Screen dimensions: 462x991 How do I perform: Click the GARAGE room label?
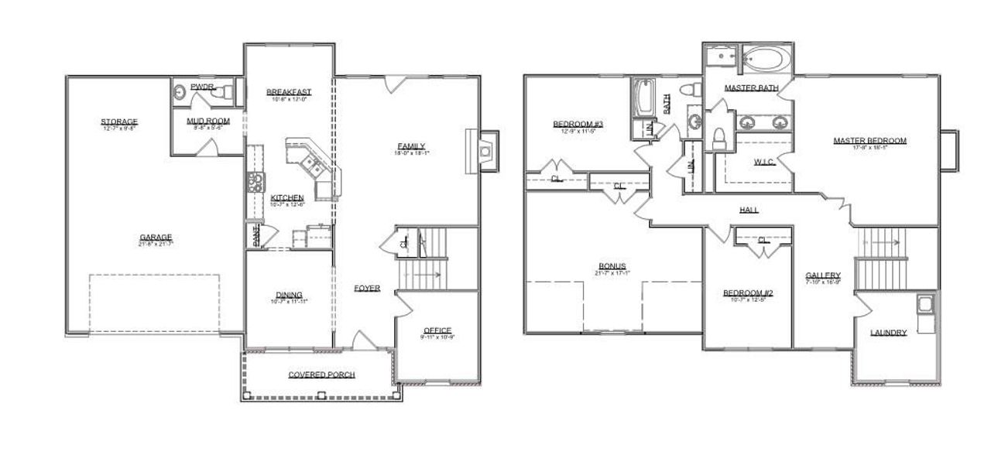click(156, 238)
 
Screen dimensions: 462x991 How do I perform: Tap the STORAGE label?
click(119, 121)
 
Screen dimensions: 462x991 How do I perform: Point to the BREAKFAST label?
click(288, 92)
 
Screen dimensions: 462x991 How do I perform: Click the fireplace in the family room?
click(484, 150)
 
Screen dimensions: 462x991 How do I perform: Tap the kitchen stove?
click(255, 183)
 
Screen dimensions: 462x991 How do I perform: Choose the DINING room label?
click(288, 295)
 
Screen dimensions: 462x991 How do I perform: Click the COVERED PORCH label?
click(321, 375)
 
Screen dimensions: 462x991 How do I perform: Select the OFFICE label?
click(437, 330)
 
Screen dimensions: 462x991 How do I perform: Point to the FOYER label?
click(367, 289)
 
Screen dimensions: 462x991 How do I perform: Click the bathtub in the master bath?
click(763, 60)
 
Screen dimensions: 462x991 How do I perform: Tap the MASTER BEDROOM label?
click(869, 141)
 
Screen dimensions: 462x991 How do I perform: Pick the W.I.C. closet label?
click(764, 162)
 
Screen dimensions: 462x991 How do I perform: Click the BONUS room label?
click(612, 266)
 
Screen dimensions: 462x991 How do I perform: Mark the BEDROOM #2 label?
click(748, 293)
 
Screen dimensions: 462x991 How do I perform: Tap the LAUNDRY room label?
click(888, 333)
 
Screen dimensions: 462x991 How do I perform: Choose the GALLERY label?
click(822, 275)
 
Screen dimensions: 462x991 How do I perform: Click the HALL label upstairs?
click(749, 210)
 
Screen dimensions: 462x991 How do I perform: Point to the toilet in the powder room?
click(226, 93)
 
